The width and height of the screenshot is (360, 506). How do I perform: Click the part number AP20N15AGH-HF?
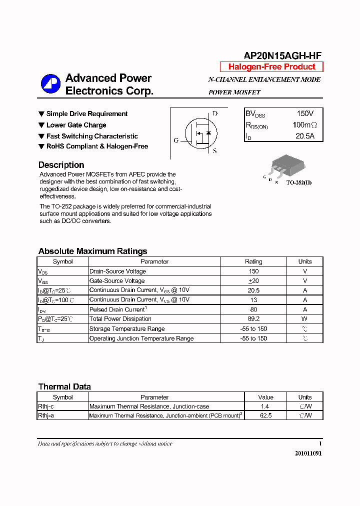pos(282,56)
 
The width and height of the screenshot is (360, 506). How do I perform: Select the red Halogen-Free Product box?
pos(271,67)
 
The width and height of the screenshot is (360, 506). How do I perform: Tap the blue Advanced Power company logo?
pos(50,84)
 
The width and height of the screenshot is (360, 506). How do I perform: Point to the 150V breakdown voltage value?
pos(305,114)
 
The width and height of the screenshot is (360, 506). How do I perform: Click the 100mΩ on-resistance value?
pos(304,125)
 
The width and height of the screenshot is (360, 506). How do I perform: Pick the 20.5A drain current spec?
pos(305,136)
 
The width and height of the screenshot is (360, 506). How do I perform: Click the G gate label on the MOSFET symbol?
pos(176,140)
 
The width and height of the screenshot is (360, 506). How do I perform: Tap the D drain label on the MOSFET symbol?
pos(215,113)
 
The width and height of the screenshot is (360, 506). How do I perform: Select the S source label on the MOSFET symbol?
pos(215,151)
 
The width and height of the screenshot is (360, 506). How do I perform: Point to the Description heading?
pos(61,165)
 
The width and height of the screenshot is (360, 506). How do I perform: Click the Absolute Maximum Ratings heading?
pos(92,251)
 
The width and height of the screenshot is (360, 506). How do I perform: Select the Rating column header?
pos(253,261)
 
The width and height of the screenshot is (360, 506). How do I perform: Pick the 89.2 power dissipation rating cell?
pos(253,319)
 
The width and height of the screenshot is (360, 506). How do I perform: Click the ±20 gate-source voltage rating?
pos(253,281)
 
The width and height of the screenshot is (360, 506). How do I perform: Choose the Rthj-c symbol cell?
pos(46,406)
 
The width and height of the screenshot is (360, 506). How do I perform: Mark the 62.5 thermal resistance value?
pos(266,415)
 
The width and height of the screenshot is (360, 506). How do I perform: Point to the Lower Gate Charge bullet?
pos(76,125)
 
